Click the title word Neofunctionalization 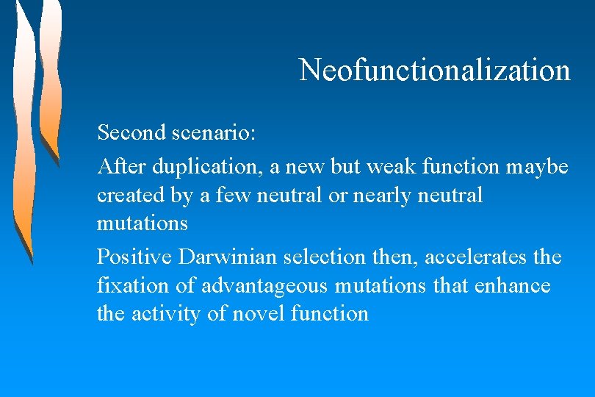click(435, 71)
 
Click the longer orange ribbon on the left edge click(24, 132)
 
